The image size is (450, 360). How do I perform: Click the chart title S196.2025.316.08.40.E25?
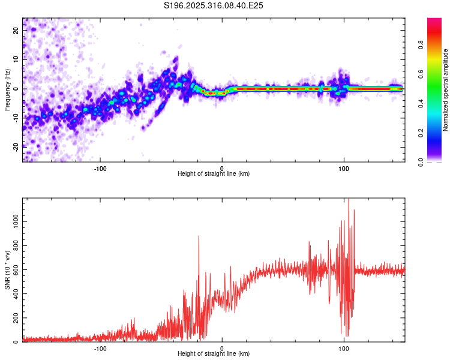(214, 5)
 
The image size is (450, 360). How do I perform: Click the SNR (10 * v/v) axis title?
(7, 270)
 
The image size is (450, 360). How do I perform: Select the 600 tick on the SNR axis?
(15, 270)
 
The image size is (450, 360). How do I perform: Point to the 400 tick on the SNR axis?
(15, 294)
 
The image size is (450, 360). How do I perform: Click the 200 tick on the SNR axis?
(15, 318)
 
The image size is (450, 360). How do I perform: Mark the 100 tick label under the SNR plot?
(344, 348)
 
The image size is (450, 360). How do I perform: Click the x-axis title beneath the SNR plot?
(214, 354)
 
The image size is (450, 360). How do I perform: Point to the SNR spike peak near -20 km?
(199, 236)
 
